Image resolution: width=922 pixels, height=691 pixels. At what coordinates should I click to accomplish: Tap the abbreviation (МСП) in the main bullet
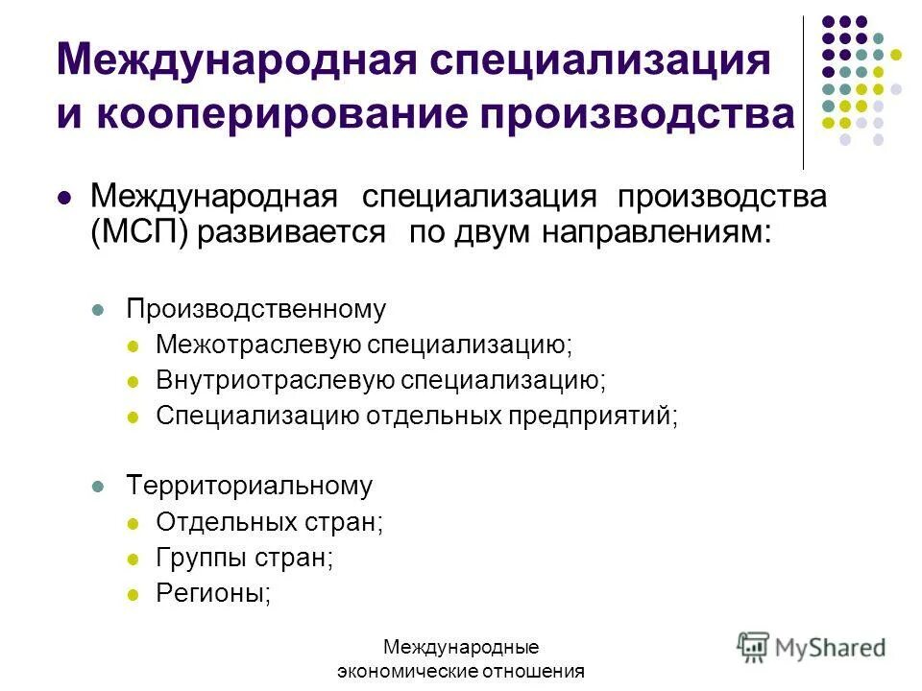click(x=140, y=234)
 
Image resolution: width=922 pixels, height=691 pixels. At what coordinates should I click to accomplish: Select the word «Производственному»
click(x=256, y=309)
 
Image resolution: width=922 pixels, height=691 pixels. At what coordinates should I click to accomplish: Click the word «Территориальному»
click(x=249, y=486)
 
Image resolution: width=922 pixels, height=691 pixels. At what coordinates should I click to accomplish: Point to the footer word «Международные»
click(x=460, y=648)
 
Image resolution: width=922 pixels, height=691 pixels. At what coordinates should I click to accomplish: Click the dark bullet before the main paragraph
click(x=64, y=199)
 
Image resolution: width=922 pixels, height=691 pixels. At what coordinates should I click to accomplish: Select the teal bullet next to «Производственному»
click(x=96, y=310)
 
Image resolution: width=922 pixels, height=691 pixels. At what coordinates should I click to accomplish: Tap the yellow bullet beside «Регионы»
click(x=133, y=594)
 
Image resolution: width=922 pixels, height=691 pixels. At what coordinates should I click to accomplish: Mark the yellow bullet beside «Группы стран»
click(x=133, y=559)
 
